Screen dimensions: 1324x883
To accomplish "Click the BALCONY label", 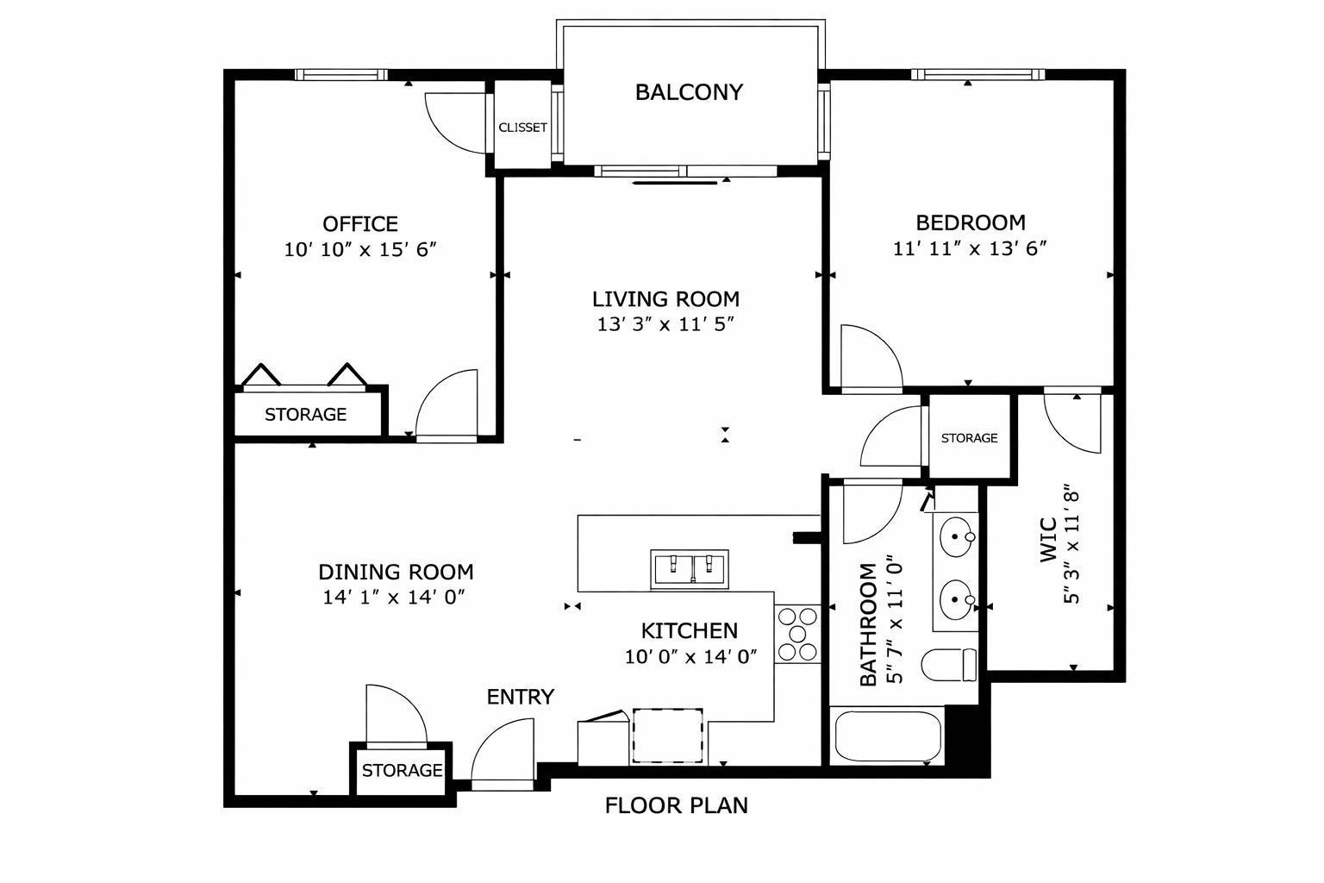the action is tap(689, 92).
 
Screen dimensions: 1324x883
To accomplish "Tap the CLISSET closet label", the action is tap(522, 127).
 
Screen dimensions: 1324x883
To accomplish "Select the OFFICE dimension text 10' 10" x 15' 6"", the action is tap(360, 249).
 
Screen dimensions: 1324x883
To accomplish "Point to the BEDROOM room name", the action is tap(971, 222).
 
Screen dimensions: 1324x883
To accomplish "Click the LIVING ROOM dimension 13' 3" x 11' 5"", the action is tap(665, 324).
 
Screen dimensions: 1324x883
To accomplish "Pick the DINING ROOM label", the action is tap(396, 572).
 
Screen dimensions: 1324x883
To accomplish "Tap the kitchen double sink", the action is tap(690, 569).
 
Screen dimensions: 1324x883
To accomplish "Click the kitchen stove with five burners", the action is tap(797, 634).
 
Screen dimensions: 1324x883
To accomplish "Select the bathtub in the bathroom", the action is tap(888, 736).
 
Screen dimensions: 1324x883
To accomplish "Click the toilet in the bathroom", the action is tap(949, 665).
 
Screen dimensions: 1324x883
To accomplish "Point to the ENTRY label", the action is tap(520, 697).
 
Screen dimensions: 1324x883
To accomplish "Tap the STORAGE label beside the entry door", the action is tap(402, 770).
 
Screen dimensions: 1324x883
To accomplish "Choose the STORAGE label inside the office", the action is tap(306, 415).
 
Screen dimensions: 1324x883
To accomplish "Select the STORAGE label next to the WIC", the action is tap(970, 438).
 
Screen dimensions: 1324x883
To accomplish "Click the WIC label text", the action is tap(1048, 540).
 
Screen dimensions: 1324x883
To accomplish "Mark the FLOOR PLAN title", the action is tap(676, 805).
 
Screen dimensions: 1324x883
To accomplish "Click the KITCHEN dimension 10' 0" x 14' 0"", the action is tap(691, 656).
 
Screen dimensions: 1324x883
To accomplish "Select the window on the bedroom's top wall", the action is tap(978, 74).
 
